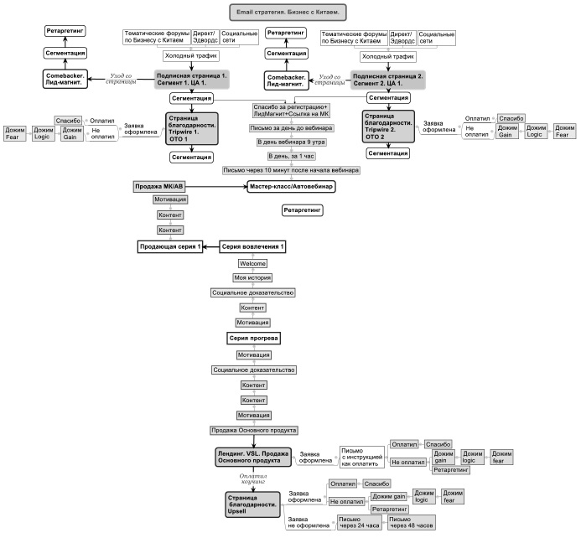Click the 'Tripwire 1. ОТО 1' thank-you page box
192,127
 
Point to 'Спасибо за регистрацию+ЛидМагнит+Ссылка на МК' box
291,111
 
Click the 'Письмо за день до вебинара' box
290,128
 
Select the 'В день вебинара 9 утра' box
290,142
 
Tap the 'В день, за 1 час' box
290,156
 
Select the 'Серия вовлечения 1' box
254,246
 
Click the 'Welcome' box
253,263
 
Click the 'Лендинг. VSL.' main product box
253,455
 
